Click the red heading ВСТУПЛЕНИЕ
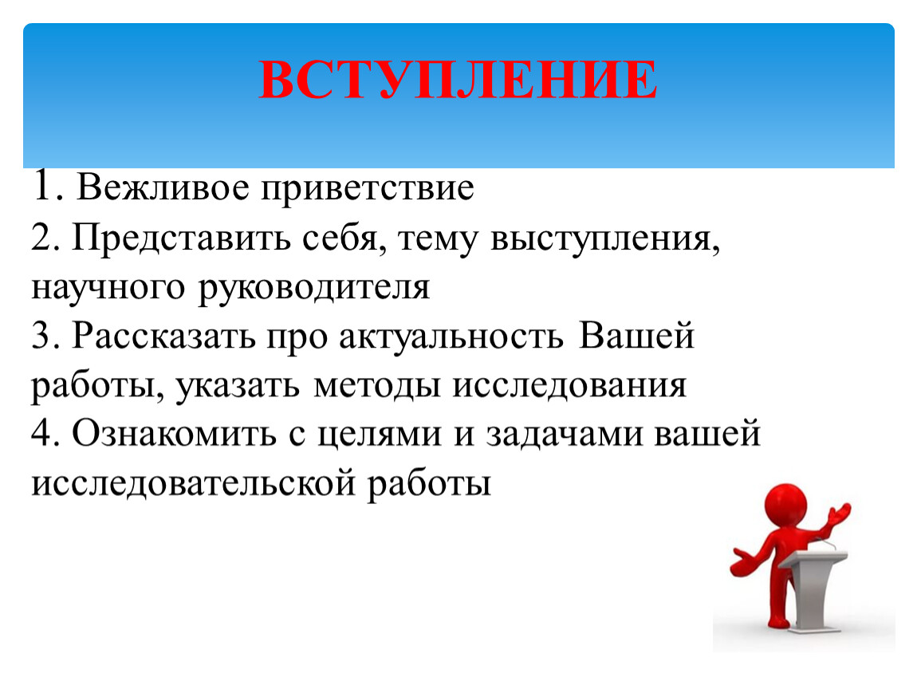point(458,79)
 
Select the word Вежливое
point(163,187)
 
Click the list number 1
point(45,187)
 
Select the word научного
point(108,289)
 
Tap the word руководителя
point(314,289)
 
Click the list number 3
point(43,336)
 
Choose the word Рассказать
point(163,337)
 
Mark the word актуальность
point(451,337)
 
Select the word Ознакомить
point(174,434)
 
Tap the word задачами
point(564,435)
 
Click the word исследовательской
point(193,484)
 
